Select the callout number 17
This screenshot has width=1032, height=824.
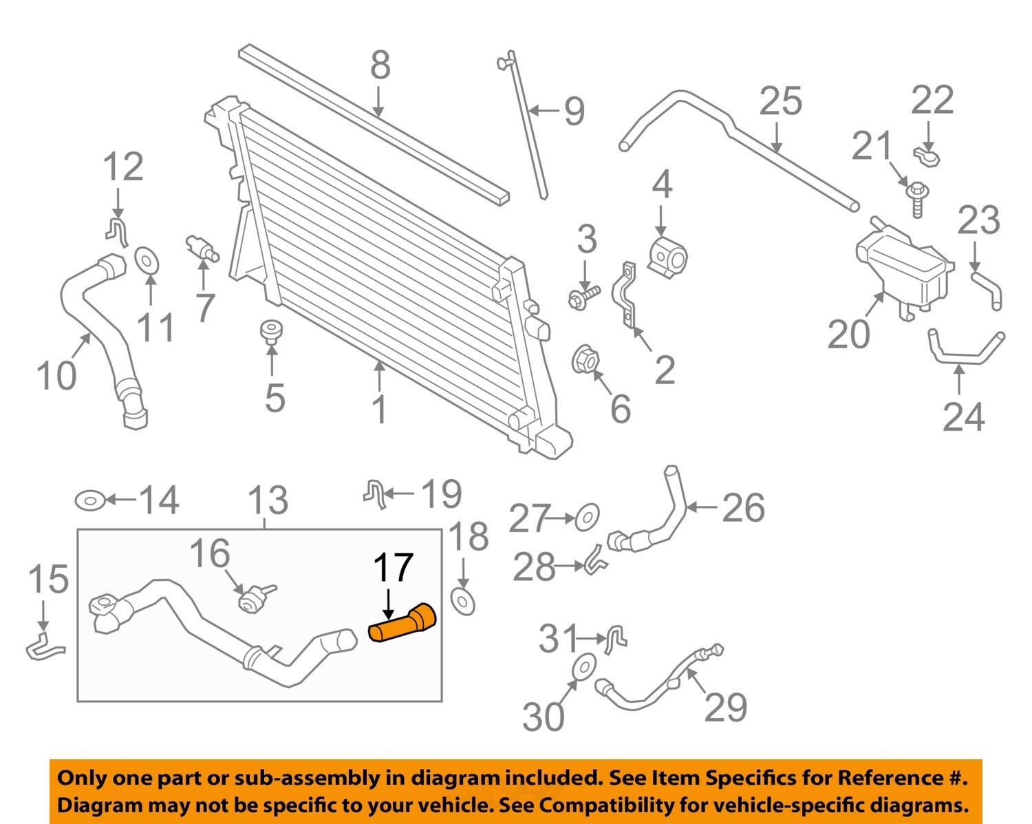point(393,568)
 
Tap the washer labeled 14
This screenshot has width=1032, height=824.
point(90,500)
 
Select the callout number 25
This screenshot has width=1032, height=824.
point(781,101)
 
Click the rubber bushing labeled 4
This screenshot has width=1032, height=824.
point(667,259)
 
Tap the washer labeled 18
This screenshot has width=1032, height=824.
point(462,601)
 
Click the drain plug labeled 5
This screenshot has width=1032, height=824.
point(272,330)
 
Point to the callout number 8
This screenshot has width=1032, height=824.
point(380,65)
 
